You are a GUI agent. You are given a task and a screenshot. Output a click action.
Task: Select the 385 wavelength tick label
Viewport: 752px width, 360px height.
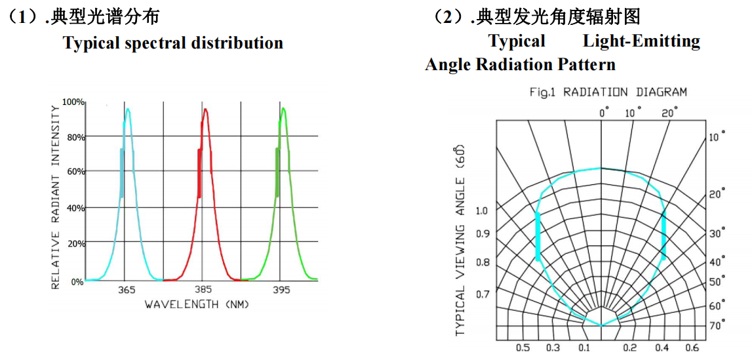coord(203,289)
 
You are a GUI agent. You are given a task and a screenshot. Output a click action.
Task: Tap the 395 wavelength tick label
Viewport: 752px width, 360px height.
coord(282,289)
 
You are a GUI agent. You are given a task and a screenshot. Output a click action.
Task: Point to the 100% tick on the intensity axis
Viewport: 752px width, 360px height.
coord(73,102)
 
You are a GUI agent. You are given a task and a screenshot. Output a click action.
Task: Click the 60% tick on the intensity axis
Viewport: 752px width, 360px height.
coord(75,172)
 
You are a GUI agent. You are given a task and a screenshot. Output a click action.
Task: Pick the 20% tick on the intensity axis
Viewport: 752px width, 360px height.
coord(75,243)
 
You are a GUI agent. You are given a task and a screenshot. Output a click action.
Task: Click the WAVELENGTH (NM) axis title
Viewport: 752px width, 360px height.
coord(197,304)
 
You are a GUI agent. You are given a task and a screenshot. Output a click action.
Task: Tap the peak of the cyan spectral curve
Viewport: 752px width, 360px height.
coord(128,110)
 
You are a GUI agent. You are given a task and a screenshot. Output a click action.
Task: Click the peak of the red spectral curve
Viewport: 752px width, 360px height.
coord(206,110)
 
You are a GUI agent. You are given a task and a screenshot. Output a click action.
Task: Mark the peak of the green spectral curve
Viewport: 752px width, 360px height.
coord(283,109)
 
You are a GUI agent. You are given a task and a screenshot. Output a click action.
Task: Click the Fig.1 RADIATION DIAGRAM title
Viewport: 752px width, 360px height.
coord(608,92)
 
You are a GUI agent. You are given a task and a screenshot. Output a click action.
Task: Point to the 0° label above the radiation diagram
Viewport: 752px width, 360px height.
coord(604,113)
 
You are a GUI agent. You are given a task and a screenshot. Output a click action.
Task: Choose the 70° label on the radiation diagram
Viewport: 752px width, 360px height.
coord(716,325)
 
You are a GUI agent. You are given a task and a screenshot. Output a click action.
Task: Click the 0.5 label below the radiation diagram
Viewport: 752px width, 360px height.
coord(523,348)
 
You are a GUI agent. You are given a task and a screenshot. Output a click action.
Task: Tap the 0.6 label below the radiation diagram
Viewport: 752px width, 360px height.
coord(692,348)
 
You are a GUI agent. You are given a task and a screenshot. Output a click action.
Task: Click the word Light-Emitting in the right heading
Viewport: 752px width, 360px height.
coord(641,41)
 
